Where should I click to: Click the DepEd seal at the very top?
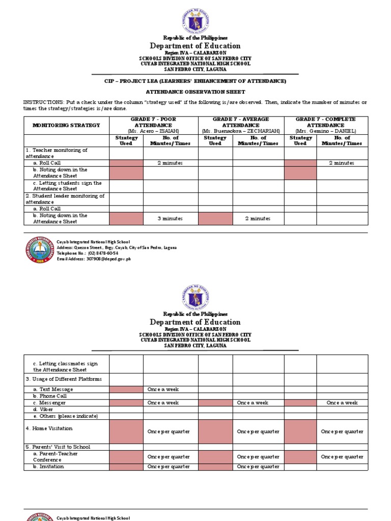pyautogui.click(x=195, y=20)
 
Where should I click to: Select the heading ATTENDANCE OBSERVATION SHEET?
pyautogui.click(x=195, y=92)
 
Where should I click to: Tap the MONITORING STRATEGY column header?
pyautogui.click(x=66, y=125)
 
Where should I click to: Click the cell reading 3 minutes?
pyautogui.click(x=170, y=219)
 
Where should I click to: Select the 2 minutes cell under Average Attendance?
pyautogui.click(x=258, y=219)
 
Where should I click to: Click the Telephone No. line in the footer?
pyautogui.click(x=88, y=253)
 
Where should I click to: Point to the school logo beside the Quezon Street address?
pyautogui.click(x=39, y=250)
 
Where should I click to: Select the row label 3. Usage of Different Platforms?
pyautogui.click(x=64, y=379)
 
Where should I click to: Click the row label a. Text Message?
pyautogui.click(x=53, y=389)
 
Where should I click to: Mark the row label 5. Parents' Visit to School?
pyautogui.click(x=58, y=447)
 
